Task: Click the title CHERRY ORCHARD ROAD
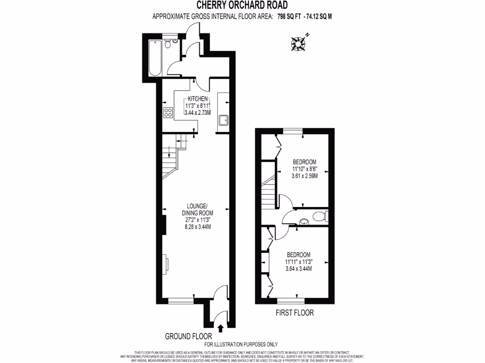pyautogui.click(x=243, y=6)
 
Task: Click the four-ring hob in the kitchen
pyautogui.click(x=168, y=112)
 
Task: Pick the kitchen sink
pyautogui.click(x=224, y=120)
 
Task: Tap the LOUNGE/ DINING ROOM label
pyautogui.click(x=197, y=209)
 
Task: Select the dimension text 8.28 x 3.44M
pyautogui.click(x=197, y=226)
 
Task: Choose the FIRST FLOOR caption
pyautogui.click(x=294, y=312)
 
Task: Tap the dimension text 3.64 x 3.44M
pyautogui.click(x=298, y=268)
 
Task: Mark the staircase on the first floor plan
pyautogui.click(x=268, y=189)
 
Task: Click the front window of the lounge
pyautogui.click(x=180, y=300)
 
